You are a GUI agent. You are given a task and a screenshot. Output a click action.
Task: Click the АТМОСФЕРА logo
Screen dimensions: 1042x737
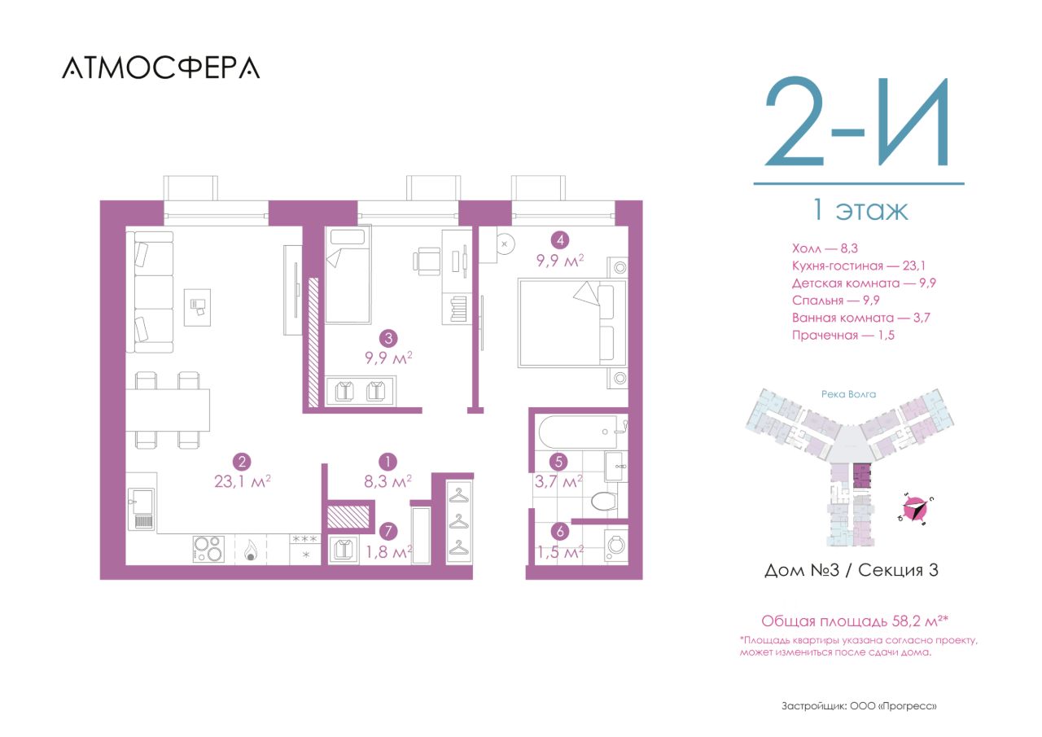tap(161, 68)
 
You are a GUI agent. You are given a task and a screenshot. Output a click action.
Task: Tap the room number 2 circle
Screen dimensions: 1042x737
tap(242, 462)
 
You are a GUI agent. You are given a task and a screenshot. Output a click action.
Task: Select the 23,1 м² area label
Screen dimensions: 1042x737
tap(243, 481)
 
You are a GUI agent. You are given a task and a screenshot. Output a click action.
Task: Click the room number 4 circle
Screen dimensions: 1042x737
tap(559, 240)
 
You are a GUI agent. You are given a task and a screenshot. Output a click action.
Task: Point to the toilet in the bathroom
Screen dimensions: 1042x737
tap(604, 501)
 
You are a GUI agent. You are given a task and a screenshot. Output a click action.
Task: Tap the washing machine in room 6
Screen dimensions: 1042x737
tap(616, 545)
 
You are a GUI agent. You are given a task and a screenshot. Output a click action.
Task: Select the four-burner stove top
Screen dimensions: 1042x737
tap(208, 549)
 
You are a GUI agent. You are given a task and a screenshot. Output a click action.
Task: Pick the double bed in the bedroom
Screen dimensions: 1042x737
tap(572, 322)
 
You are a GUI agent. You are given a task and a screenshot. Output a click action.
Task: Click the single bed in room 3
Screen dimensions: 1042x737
tap(348, 274)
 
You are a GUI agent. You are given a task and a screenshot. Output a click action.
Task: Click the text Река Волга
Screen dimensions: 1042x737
tap(848, 394)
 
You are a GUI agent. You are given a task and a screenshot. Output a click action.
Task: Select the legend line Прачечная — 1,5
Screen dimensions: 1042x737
tap(843, 336)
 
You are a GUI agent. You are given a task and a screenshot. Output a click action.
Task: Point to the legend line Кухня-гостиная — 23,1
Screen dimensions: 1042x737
tap(859, 266)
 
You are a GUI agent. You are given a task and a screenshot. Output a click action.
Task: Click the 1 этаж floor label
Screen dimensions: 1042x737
tap(860, 210)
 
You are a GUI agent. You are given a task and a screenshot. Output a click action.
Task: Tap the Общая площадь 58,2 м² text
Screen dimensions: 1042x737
tap(855, 621)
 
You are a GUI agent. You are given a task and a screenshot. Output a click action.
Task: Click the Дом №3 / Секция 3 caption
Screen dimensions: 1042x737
tap(852, 570)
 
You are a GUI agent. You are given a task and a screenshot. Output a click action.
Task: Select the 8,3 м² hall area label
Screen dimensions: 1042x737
tap(387, 481)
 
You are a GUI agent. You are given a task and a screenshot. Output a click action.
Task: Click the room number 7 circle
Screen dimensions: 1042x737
tap(388, 531)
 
